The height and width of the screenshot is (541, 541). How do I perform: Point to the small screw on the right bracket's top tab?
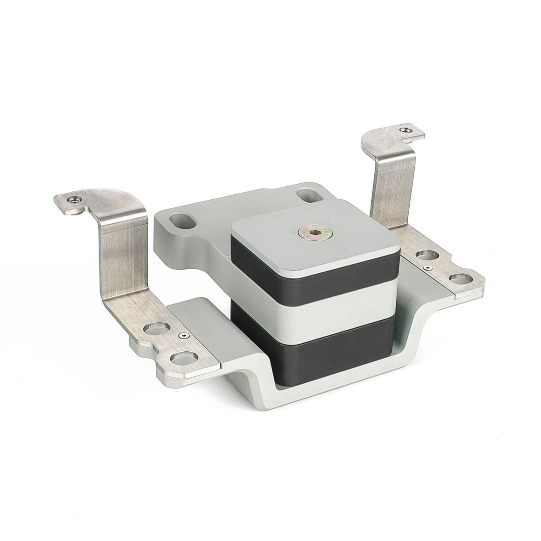pyautogui.click(x=406, y=130)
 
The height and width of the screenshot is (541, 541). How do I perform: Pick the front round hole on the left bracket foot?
pyautogui.click(x=184, y=358)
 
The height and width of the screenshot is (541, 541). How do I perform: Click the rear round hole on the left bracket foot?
pyautogui.click(x=157, y=329)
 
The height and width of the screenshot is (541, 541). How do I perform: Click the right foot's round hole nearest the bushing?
pyautogui.click(x=427, y=255)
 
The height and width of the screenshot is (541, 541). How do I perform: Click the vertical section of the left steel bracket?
pyautogui.click(x=123, y=255)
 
